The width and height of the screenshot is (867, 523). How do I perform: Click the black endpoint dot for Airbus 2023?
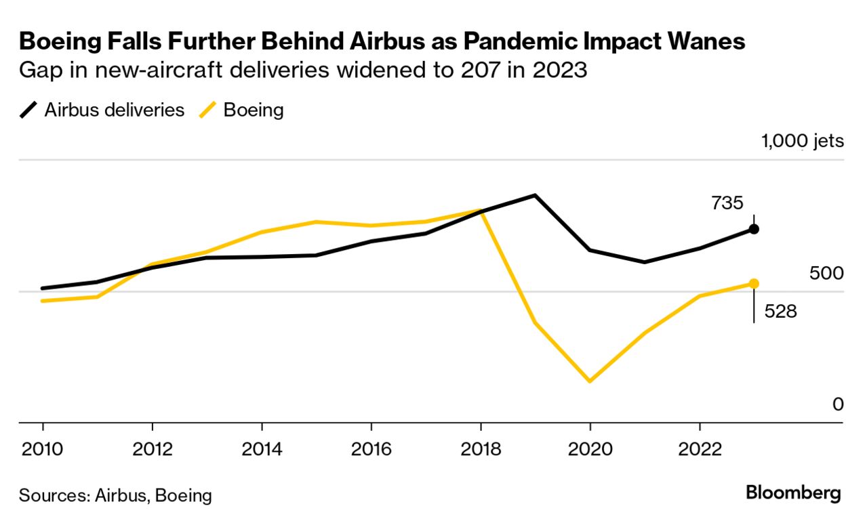(x=754, y=229)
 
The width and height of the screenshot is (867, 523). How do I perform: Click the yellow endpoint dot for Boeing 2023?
(x=754, y=283)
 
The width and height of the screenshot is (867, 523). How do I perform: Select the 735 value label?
(x=727, y=203)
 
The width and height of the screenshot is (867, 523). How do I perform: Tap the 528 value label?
(x=780, y=311)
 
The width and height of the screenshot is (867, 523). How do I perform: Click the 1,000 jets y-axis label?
(x=803, y=142)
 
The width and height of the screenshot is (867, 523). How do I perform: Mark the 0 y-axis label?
(x=838, y=404)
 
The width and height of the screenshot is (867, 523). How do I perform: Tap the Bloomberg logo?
(x=793, y=493)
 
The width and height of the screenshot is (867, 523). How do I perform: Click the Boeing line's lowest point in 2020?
(x=590, y=381)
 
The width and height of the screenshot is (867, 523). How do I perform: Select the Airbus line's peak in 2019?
(x=536, y=196)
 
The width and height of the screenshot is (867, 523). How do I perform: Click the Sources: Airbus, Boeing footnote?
(x=115, y=495)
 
